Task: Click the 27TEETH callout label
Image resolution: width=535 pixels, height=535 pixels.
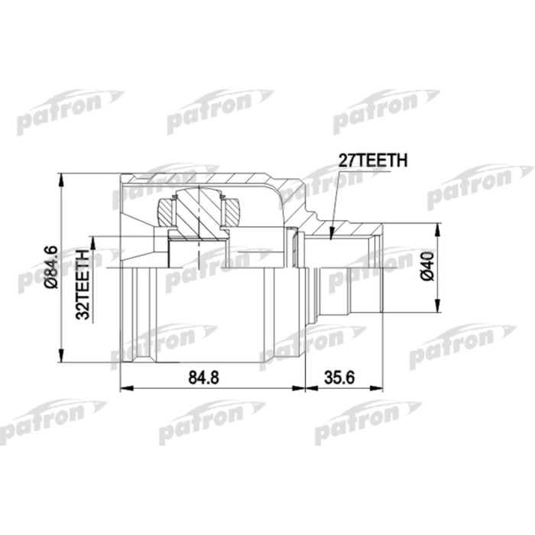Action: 373,160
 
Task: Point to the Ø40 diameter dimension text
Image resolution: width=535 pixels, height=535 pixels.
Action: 427,267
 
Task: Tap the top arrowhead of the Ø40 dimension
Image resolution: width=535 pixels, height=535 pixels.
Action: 438,228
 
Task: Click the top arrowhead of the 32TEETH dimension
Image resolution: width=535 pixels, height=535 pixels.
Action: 93,241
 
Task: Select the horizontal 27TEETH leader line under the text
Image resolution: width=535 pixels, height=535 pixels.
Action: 374,170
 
